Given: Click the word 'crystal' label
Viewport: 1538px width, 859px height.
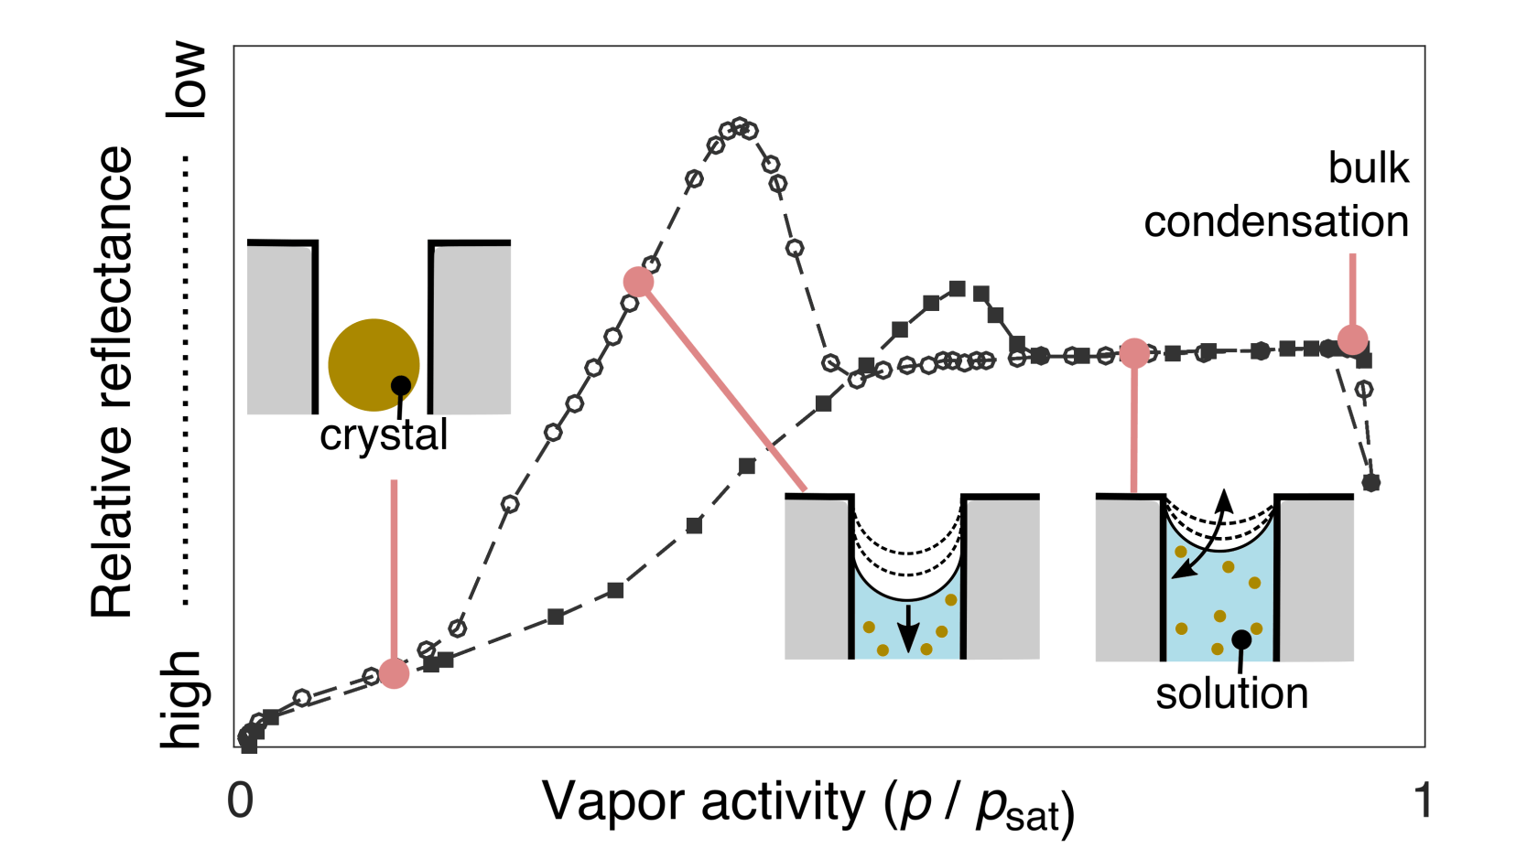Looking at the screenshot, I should click(x=384, y=435).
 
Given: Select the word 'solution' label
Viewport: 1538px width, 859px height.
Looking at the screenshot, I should click(x=1231, y=693).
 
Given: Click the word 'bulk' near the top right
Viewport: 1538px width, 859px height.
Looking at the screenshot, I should click(x=1368, y=168).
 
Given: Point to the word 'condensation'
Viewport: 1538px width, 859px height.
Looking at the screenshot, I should click(x=1276, y=222).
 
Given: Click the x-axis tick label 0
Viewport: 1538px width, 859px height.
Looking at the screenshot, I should click(x=240, y=800).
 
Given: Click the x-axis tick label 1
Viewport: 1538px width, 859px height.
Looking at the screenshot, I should click(x=1422, y=800).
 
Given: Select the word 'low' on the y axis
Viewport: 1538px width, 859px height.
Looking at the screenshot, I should click(x=186, y=80).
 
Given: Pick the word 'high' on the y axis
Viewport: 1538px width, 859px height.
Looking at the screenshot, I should click(x=181, y=700).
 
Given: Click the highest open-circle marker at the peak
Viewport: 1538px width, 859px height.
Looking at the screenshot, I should click(x=740, y=125).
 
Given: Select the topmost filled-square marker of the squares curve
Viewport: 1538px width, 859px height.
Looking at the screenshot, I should click(x=958, y=288).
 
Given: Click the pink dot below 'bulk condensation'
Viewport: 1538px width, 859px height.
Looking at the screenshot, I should click(x=1352, y=339).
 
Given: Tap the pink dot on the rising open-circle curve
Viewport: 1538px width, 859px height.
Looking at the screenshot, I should click(x=638, y=282).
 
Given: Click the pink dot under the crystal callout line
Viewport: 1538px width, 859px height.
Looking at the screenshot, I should click(x=394, y=673).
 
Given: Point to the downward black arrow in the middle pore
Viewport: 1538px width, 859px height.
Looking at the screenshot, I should click(x=907, y=627).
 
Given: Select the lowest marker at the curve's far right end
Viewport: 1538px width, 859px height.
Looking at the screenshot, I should click(x=1370, y=482).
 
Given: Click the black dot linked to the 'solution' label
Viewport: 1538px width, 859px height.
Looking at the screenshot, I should click(x=1241, y=639).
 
